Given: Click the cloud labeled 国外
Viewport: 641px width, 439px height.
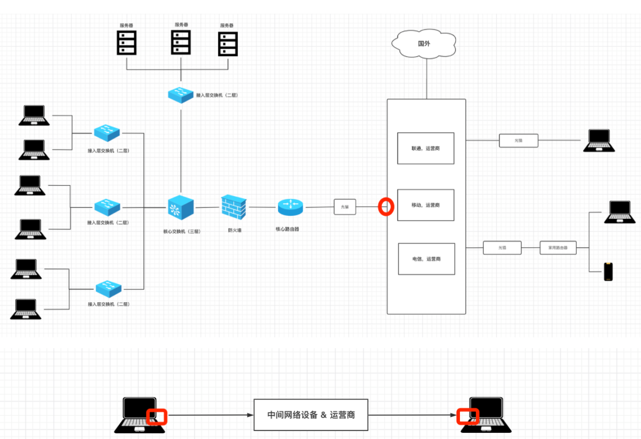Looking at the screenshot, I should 424,44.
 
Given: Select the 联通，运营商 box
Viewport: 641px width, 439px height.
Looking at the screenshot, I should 425,148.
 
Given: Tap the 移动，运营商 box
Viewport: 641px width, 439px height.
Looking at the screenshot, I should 425,205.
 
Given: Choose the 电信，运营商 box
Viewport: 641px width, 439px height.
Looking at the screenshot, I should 426,259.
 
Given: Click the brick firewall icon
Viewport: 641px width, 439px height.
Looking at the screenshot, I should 233,208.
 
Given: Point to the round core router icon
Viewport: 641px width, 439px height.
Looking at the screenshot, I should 291,207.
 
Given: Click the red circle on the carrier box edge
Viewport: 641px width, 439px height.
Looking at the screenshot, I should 386,206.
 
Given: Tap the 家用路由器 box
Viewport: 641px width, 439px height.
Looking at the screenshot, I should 558,248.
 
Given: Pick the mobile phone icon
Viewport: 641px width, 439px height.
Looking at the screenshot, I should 609,271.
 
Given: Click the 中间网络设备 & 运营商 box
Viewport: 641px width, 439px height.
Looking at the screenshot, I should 311,415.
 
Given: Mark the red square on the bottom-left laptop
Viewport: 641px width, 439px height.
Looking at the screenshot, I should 157,416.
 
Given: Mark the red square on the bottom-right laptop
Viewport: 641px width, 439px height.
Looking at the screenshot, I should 468,416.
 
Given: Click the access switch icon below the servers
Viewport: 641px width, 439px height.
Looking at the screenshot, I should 181,94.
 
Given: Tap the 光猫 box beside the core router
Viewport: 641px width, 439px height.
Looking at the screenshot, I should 345,207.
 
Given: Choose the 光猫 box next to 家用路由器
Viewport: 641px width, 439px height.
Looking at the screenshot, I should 502,248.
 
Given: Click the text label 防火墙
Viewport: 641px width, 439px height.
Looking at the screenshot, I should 234,230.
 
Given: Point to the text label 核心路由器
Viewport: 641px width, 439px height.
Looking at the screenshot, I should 287,229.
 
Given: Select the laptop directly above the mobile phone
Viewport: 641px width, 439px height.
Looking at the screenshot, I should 618,211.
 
